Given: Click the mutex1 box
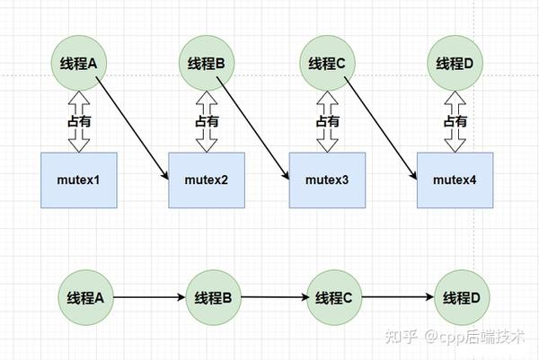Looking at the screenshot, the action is (79, 180).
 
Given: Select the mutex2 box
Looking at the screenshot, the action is (207, 180).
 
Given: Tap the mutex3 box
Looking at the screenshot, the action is (327, 180).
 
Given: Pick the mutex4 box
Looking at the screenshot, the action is (455, 180).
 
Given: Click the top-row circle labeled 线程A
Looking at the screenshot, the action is (79, 63).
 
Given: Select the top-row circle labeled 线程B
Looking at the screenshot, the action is (207, 63).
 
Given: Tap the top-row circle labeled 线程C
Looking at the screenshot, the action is (327, 63).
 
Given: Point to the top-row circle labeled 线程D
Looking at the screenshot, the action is (455, 63).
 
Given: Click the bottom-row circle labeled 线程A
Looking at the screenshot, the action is (85, 297).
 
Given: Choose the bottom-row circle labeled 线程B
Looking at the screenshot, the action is (214, 297).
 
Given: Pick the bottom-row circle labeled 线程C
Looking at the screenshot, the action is (334, 297).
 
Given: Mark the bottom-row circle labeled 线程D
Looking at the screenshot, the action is (462, 297).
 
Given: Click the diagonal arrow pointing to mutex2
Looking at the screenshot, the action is (132, 128).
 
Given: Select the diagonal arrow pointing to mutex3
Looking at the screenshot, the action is (252, 128).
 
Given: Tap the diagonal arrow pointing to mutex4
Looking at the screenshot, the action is (381, 128).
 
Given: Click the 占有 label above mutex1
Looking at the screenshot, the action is (79, 121).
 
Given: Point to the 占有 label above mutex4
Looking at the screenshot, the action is (455, 121).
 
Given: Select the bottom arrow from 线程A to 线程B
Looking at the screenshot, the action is (149, 297).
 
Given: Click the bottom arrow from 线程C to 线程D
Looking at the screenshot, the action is (398, 297).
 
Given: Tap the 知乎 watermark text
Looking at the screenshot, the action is (402, 337).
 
